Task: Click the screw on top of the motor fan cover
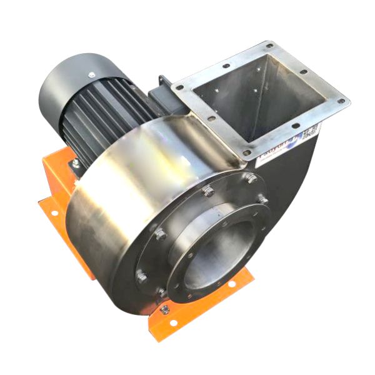click(x=92, y=75)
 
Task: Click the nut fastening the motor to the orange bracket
click(x=76, y=163)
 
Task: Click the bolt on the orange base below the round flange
click(x=164, y=309)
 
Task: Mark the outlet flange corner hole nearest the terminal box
click(x=179, y=88)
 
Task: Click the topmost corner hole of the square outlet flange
click(x=269, y=46)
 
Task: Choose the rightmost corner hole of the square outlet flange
click(x=341, y=101)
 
